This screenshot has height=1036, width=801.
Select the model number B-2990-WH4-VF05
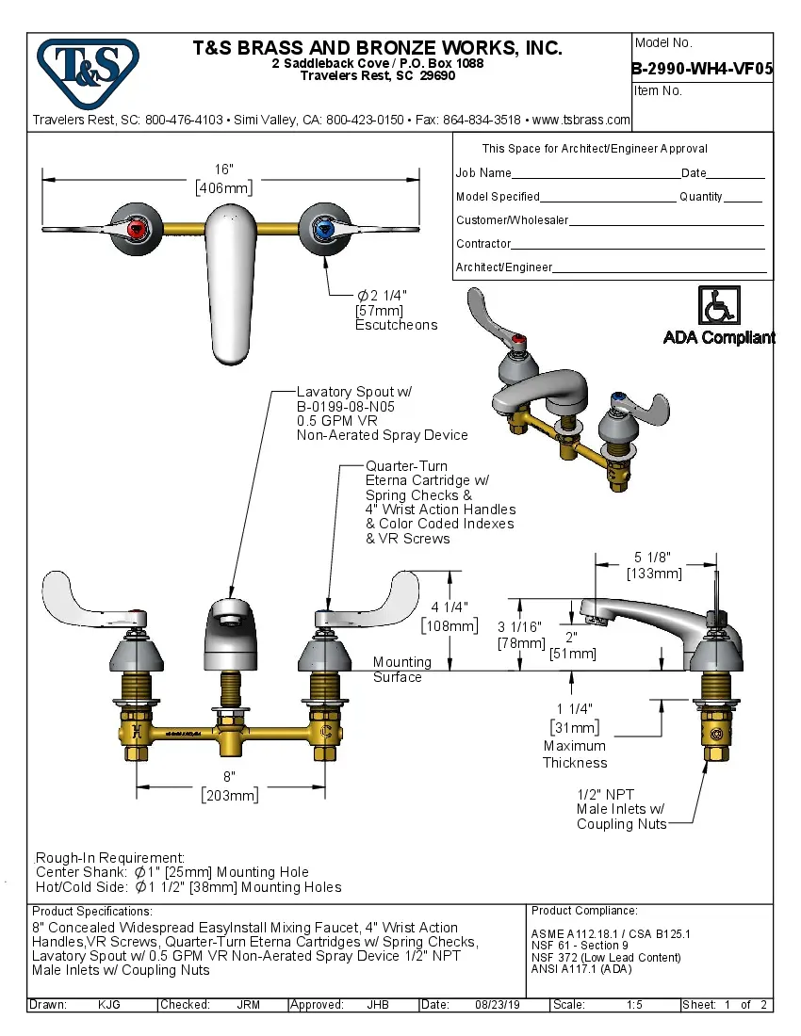pos(702,68)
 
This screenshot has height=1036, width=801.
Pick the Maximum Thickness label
pos(575,754)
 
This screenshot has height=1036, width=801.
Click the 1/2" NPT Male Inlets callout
pos(621,809)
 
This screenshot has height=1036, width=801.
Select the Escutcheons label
pos(396,325)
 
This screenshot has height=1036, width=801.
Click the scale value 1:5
pos(634,1005)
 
